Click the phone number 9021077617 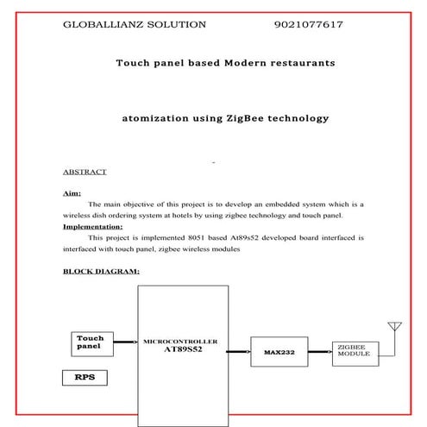(x=308, y=24)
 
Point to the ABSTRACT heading (x=85, y=172)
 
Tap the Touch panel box (x=91, y=343)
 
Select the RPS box (x=85, y=377)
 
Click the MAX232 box (x=279, y=352)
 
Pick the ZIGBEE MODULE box (x=355, y=351)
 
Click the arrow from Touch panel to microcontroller (x=124, y=343)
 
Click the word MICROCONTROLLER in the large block (x=179, y=342)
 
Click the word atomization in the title (x=158, y=117)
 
